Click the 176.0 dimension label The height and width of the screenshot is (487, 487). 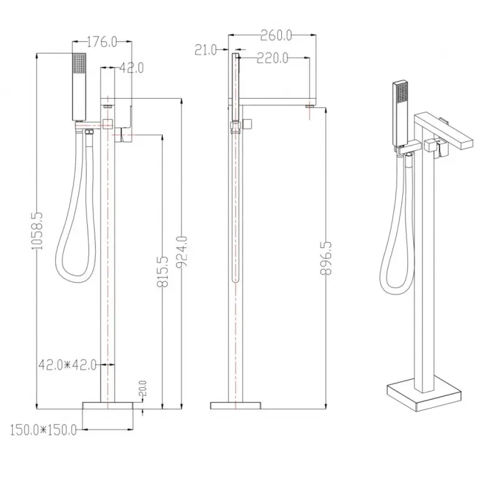tap(102, 42)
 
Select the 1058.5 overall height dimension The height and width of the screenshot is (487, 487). tap(37, 231)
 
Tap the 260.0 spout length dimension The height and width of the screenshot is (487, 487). tap(276, 35)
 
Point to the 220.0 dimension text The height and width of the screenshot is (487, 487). tap(272, 58)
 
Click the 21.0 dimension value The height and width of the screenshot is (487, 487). tap(206, 50)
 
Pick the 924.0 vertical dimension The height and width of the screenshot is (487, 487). tap(181, 251)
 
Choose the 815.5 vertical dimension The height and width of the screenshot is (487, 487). tap(163, 272)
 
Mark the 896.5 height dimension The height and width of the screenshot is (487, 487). tap(326, 258)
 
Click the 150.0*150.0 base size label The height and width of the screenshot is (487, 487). tap(43, 430)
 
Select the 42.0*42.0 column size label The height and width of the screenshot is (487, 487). tap(68, 365)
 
